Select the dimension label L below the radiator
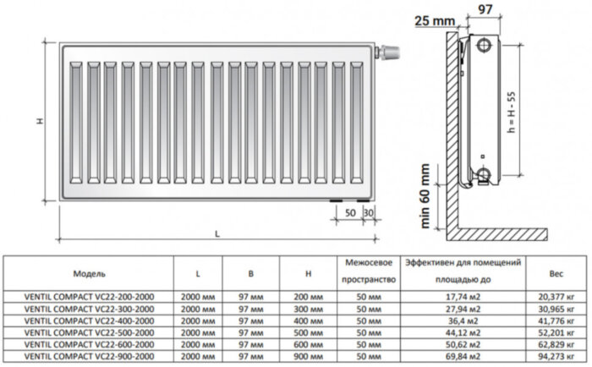pos(217,233)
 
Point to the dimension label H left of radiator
pos(40,121)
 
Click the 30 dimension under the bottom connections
pos(367,211)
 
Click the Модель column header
pos(89,275)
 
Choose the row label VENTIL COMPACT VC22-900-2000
pos(89,359)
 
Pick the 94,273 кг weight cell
pos(556,359)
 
